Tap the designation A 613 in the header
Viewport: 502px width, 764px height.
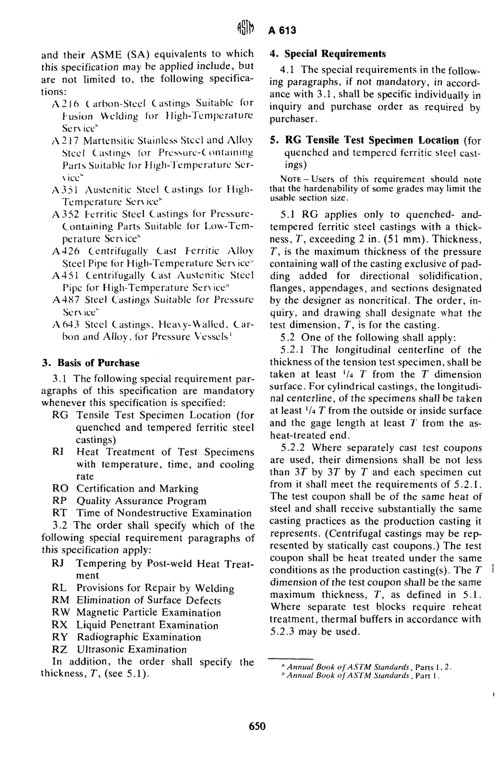(282, 30)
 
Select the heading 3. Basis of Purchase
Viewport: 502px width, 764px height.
(90, 363)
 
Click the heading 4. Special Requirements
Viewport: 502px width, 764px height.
(328, 53)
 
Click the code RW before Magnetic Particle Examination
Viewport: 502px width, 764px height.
(61, 612)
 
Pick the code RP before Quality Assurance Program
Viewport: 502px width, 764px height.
(60, 501)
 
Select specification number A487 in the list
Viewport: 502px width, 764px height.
(65, 299)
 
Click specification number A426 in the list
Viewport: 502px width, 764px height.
(65, 251)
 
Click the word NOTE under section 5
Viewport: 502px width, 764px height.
(279, 179)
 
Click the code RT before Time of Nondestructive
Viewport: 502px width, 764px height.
(59, 513)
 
